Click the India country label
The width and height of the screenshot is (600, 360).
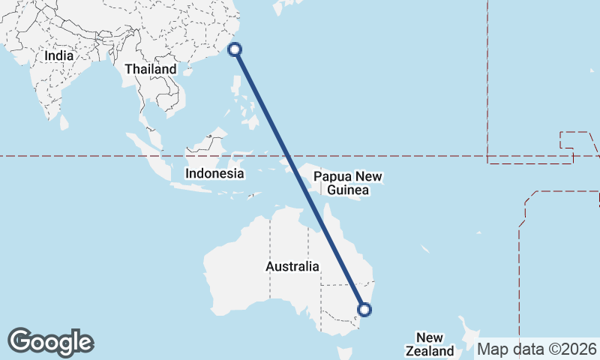(58, 55)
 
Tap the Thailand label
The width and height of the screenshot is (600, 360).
(151, 69)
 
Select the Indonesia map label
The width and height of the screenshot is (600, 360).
(215, 173)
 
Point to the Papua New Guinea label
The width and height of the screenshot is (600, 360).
(348, 184)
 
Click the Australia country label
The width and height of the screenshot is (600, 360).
(292, 266)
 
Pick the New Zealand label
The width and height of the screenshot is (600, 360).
(430, 344)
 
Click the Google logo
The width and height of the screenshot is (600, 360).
(50, 342)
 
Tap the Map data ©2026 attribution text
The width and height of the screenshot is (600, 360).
(537, 349)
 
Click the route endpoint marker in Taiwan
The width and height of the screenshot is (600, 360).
(235, 49)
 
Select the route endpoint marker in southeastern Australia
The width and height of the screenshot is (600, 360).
(364, 309)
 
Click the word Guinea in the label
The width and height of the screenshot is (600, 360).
(348, 191)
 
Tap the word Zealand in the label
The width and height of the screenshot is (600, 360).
(430, 351)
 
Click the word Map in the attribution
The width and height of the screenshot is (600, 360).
(491, 349)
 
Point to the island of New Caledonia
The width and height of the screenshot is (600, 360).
(424, 249)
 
